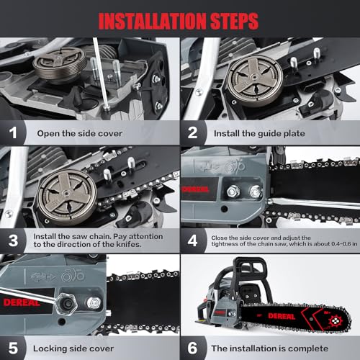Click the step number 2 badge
click(x=192, y=132)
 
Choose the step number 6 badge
click(x=192, y=347)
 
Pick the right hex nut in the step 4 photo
click(x=256, y=192)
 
